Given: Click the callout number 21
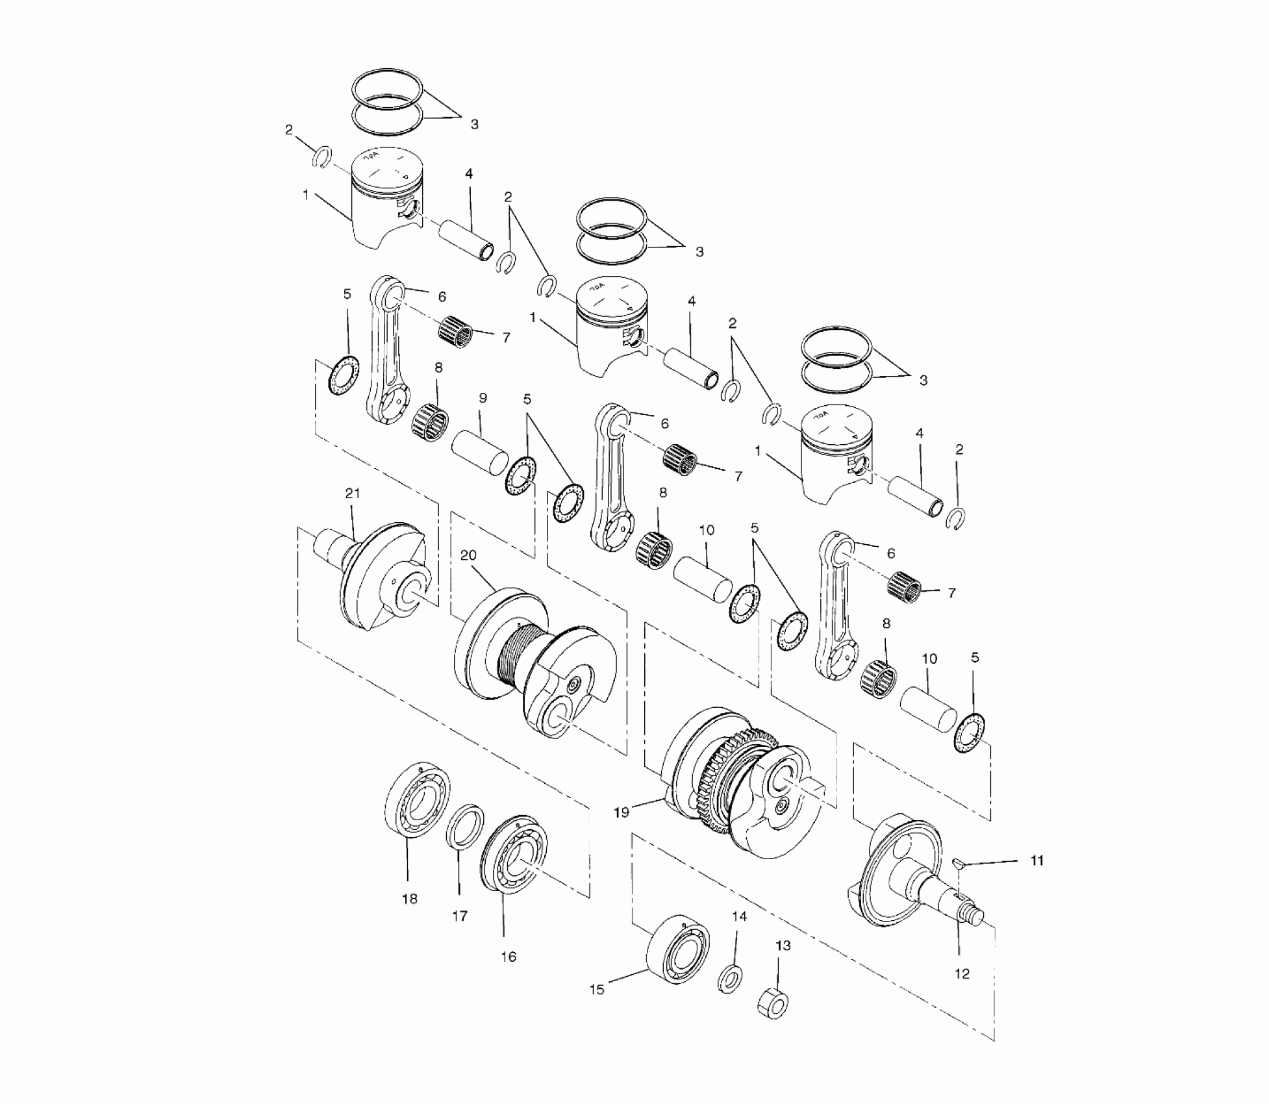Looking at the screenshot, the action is click(x=353, y=494).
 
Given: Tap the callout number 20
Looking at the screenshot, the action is click(x=468, y=555).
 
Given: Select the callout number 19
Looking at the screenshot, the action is click(x=622, y=812).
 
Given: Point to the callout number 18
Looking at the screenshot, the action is click(x=410, y=899).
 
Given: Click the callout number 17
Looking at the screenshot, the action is click(x=460, y=916).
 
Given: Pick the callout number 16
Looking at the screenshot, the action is click(x=509, y=957).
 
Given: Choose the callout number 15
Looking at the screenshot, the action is click(x=597, y=990).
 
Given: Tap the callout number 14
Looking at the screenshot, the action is click(x=740, y=916).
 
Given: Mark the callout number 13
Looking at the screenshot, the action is click(x=783, y=946).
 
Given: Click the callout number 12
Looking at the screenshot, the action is click(x=962, y=973).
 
